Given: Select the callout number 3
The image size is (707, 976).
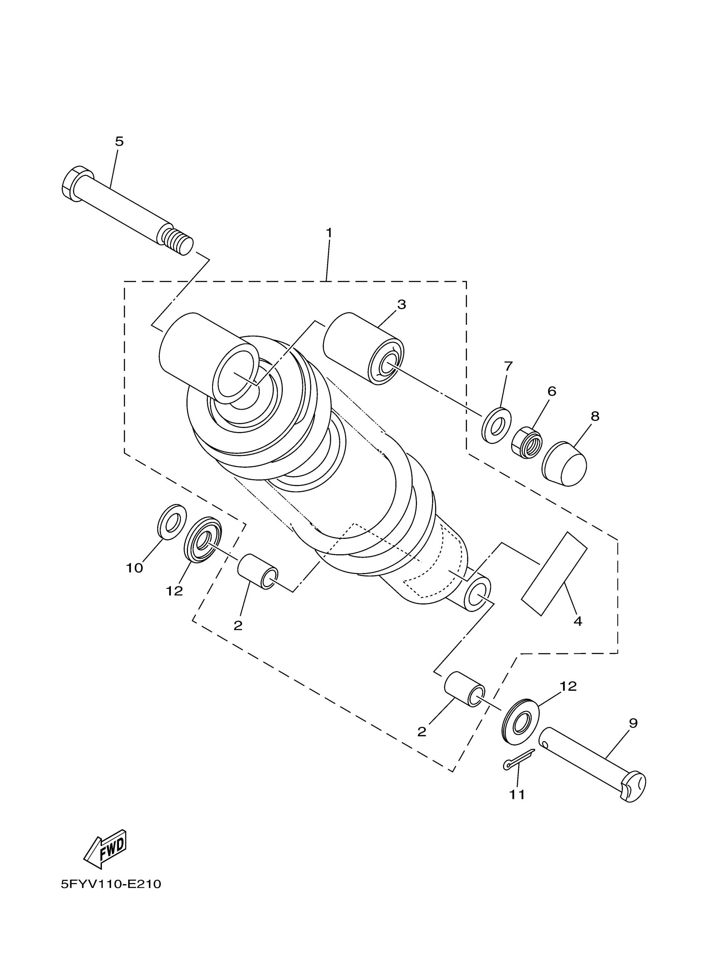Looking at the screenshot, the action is pos(401,305).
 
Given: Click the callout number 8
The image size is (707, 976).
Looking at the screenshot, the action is pos(595,416).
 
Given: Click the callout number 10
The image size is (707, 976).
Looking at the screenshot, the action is pos(134,568).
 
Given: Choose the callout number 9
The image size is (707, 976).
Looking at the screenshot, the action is pos(633,723).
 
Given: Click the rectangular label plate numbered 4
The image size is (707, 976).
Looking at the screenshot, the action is pos(554,573).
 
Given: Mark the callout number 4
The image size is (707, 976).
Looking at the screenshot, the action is pos(578,621).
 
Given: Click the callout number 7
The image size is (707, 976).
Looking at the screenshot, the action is pos(508,366).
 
